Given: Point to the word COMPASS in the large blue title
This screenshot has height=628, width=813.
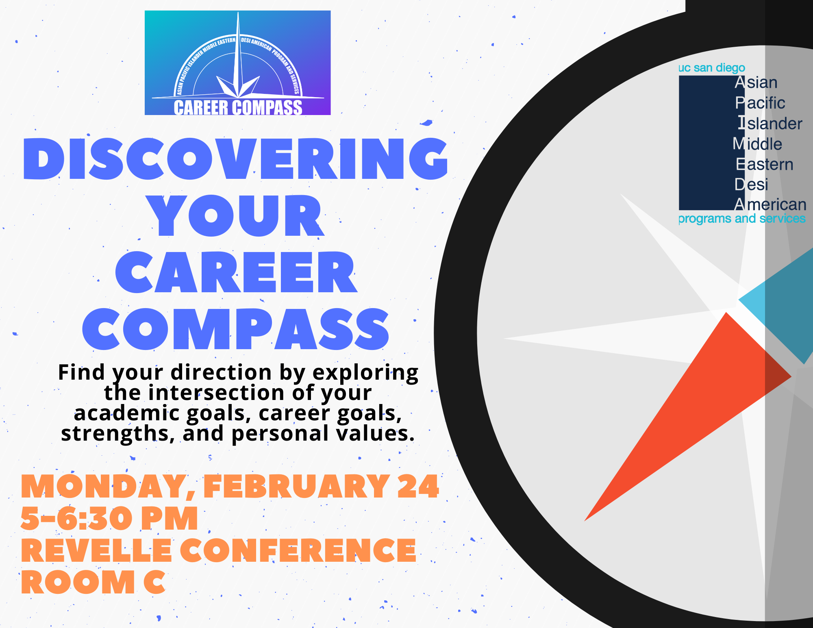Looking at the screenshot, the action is [x=236, y=329].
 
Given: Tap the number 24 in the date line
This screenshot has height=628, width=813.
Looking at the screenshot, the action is [x=418, y=486].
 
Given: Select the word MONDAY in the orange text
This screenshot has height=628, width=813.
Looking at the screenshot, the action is [x=108, y=487].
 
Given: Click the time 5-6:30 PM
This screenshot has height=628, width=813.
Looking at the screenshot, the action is [x=109, y=518].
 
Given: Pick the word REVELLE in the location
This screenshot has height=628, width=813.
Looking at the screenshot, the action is [x=96, y=550].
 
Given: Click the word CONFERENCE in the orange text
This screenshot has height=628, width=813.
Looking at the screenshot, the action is [x=298, y=550].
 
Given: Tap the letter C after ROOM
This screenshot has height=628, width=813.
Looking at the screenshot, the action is [x=155, y=582].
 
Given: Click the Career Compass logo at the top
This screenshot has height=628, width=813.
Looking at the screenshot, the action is [x=238, y=63].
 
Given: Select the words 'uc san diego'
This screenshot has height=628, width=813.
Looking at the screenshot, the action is [x=712, y=67].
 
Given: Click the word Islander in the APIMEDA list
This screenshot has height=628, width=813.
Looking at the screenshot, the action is [x=770, y=124].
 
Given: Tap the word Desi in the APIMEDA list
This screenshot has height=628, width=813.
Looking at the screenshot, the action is [x=752, y=185].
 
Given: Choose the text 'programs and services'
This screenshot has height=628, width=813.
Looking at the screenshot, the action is [x=742, y=219].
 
